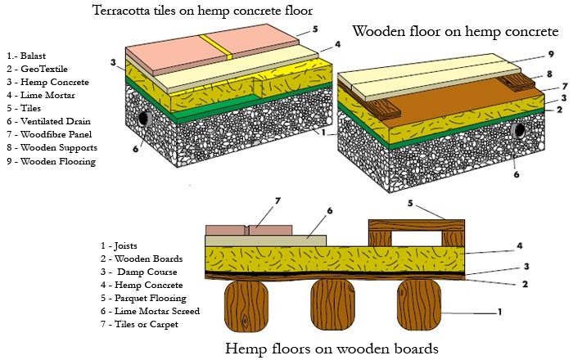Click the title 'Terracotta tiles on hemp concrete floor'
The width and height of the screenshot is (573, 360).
[191, 11]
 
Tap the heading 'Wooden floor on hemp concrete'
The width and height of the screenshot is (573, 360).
[455, 31]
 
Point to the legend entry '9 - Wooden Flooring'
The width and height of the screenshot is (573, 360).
[50, 161]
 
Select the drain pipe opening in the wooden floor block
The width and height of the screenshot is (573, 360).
[517, 131]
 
